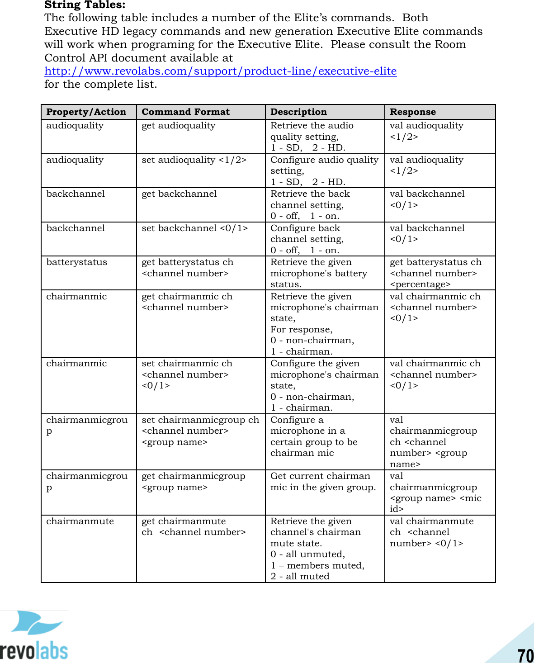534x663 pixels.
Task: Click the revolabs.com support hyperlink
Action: [x=220, y=71]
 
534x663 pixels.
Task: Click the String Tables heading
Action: [x=85, y=5]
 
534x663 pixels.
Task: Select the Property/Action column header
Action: [x=86, y=112]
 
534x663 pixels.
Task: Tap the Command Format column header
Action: [x=185, y=112]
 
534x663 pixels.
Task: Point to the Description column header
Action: [x=298, y=112]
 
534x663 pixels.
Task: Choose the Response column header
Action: [x=412, y=112]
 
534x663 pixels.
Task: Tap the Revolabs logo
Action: [x=34, y=636]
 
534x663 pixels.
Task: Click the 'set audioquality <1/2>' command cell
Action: [x=194, y=160]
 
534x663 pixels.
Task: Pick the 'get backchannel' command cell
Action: [x=179, y=194]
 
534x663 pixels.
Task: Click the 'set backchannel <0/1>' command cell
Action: [x=194, y=228]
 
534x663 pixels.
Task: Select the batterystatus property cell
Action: [x=76, y=262]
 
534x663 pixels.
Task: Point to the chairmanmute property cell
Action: [x=80, y=521]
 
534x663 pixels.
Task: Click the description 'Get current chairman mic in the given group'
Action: [x=323, y=482]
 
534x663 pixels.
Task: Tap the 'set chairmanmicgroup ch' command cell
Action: [x=200, y=431]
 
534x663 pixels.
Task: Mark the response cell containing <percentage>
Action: [x=435, y=273]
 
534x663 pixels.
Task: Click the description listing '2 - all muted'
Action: [x=317, y=549]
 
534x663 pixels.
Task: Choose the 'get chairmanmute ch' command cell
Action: [x=193, y=527]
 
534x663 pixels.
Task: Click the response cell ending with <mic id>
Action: [x=435, y=493]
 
